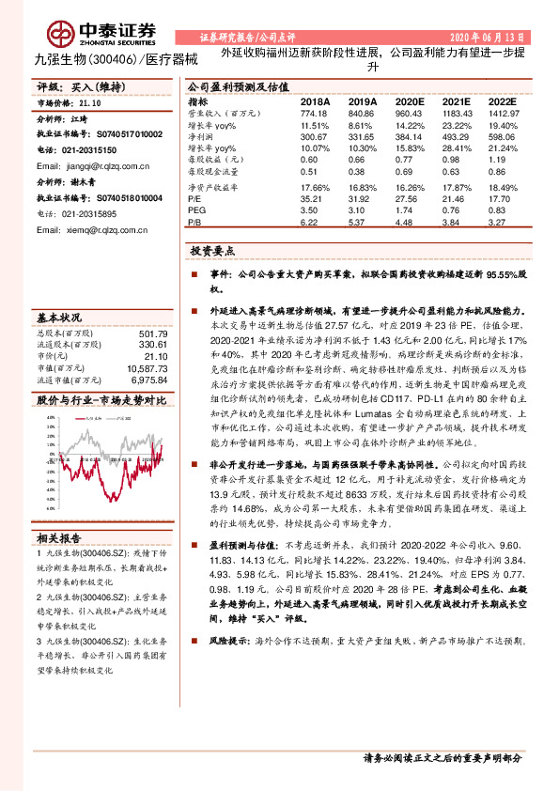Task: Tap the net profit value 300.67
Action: (x=315, y=137)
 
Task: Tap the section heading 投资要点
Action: (x=213, y=253)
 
